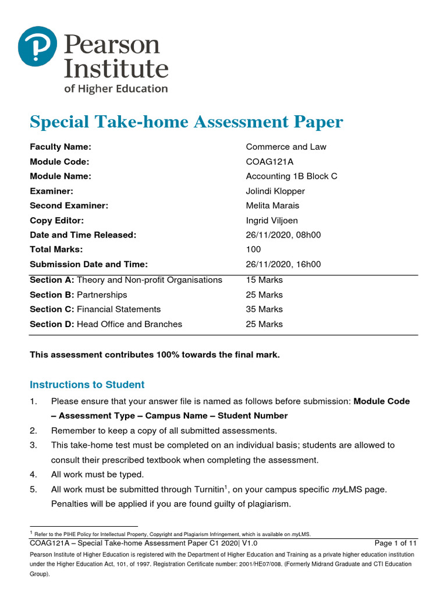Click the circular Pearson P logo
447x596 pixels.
click(x=38, y=46)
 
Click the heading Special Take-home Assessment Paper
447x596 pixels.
click(x=186, y=122)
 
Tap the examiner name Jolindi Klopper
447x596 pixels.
click(x=275, y=191)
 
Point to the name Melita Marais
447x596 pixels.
click(x=273, y=205)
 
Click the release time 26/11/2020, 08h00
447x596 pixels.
click(x=283, y=235)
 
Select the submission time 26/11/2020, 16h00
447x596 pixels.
click(x=283, y=264)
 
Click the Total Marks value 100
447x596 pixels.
click(x=254, y=250)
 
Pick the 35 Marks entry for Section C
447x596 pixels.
click(x=264, y=309)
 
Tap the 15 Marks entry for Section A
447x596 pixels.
click(x=264, y=280)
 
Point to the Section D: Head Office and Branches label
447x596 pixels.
click(x=105, y=324)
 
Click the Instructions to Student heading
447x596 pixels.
click(x=87, y=385)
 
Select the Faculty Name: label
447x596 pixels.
click(x=61, y=147)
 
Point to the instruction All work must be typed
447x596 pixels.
click(x=97, y=474)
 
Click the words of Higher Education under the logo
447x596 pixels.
click(x=115, y=88)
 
